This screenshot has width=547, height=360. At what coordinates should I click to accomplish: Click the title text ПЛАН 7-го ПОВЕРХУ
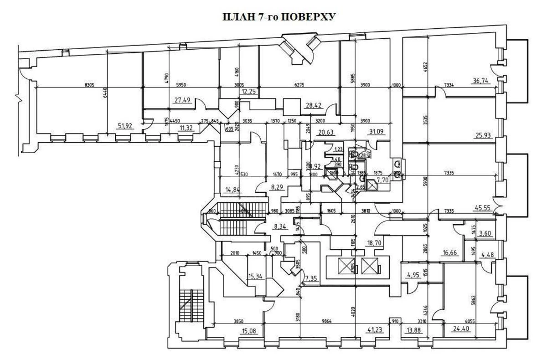[x=279, y=17]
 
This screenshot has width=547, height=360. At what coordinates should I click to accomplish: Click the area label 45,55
[x=482, y=206]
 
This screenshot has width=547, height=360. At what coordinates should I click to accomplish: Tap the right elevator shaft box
[x=369, y=266]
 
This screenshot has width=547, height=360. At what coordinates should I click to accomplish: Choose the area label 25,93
[x=482, y=135]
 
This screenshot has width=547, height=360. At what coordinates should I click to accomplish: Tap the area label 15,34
[x=256, y=276]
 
